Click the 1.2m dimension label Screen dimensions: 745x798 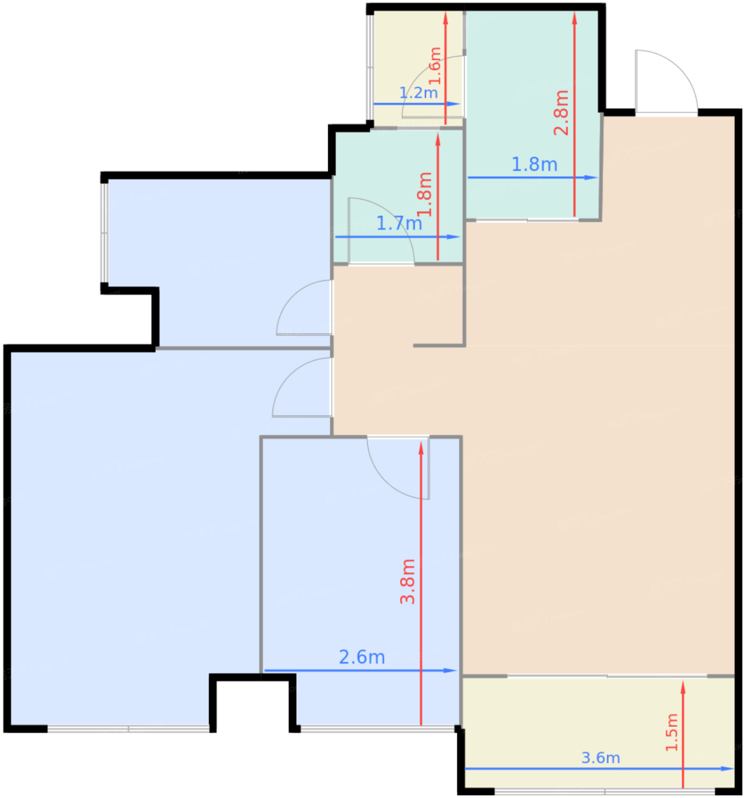(418, 93)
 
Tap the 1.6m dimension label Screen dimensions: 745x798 (435, 66)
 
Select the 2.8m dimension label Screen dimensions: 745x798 (561, 112)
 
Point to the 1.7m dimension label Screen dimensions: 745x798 (399, 223)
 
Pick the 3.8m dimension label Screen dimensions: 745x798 (407, 581)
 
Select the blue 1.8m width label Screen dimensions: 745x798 (534, 164)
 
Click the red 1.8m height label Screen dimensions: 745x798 (424, 194)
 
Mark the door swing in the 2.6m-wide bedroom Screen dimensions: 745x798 (398, 467)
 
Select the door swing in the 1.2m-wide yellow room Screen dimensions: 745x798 (434, 87)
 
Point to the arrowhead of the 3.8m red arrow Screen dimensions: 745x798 (421, 448)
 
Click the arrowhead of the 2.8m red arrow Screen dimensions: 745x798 (574, 18)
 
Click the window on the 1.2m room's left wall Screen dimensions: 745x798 (369, 67)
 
